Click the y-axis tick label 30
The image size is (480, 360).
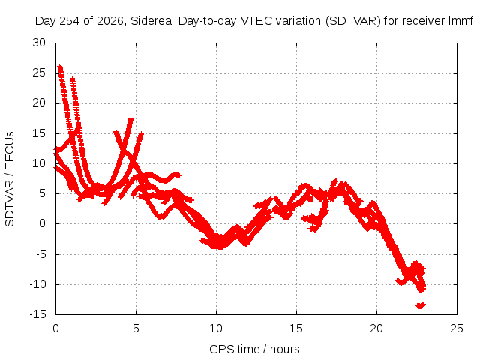tap(39, 43)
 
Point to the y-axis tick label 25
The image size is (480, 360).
tap(39, 73)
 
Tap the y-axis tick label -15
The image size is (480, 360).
tap(37, 314)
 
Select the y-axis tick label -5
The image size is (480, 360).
tap(40, 254)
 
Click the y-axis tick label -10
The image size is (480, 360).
tap(37, 284)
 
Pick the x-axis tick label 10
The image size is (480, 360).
tap(216, 328)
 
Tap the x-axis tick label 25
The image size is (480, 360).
tap(457, 328)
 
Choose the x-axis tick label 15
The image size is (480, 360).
tap(296, 328)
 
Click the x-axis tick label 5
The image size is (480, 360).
tap(136, 328)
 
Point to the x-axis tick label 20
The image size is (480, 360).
tap(376, 328)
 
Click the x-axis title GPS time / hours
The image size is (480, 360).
tap(254, 349)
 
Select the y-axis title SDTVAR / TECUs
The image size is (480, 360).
tap(10, 179)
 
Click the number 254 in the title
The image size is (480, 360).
tap(70, 21)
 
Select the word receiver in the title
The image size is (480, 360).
tap(423, 21)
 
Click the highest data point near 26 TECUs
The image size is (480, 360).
tap(60, 66)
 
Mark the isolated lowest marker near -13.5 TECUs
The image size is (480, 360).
tap(420, 305)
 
